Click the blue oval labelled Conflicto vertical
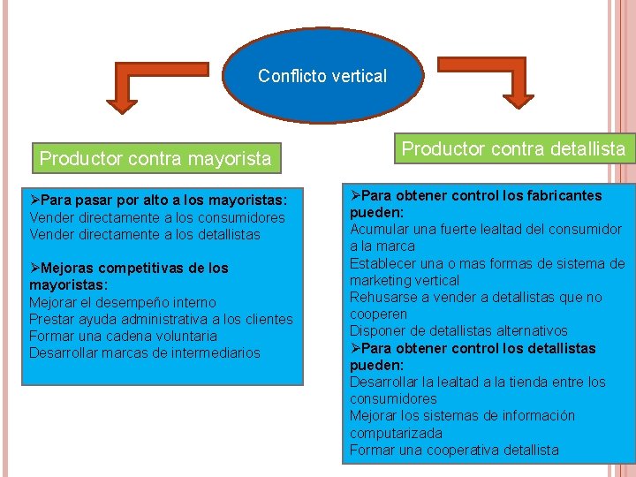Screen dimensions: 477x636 tap(322, 76)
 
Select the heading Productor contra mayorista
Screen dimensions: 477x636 tap(155, 159)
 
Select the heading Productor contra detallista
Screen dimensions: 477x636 tap(513, 148)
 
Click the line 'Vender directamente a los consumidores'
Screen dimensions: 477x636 tap(157, 217)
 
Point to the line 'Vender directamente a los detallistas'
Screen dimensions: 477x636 tap(145, 234)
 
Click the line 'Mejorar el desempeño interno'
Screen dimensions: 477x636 tap(122, 302)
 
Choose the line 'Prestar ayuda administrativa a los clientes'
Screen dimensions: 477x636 tap(161, 319)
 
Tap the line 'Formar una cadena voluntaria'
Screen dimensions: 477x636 tap(123, 336)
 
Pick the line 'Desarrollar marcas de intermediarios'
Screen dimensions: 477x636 tap(145, 352)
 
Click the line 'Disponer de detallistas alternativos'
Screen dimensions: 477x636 tap(458, 330)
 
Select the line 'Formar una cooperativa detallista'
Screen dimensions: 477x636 tap(454, 450)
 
